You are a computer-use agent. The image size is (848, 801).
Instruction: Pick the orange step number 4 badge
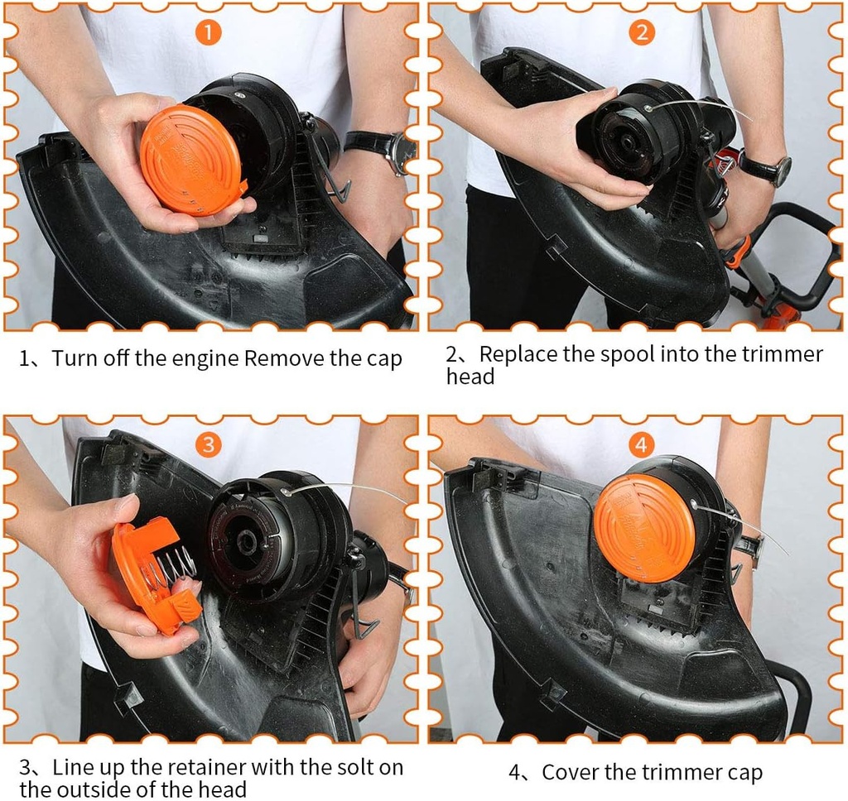pos(641,444)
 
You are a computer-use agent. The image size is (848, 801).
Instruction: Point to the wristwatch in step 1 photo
pos(383,149)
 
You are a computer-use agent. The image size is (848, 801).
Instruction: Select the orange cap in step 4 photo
pos(646,528)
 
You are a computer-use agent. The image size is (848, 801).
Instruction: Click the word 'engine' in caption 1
pos(209,358)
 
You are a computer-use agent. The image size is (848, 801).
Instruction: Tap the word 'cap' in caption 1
pos(384,358)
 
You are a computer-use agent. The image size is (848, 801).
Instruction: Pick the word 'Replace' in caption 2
pos(518,354)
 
